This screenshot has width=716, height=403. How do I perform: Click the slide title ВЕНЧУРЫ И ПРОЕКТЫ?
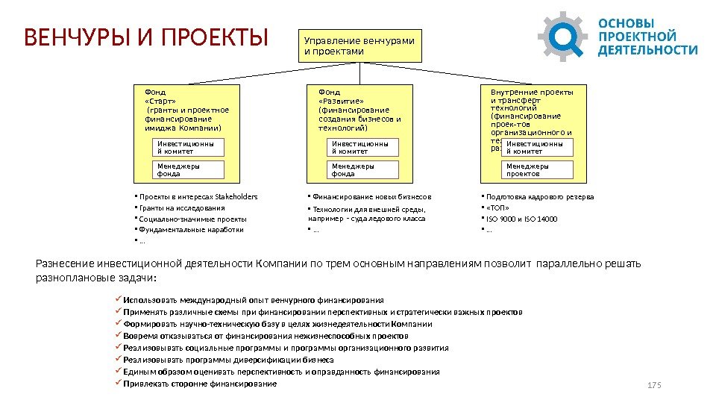[x=145, y=36]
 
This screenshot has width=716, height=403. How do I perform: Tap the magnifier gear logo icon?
[x=564, y=36]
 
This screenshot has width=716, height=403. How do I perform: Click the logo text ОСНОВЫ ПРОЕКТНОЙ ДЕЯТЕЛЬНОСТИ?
[x=647, y=36]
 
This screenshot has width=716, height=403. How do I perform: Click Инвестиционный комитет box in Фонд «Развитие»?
[x=363, y=147]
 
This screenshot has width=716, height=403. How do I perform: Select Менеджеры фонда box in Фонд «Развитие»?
[x=363, y=170]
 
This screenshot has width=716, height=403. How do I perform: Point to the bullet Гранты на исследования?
[x=179, y=208]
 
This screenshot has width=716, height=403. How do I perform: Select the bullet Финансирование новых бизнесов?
[x=371, y=197]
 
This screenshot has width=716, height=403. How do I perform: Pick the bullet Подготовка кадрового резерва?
[x=539, y=197]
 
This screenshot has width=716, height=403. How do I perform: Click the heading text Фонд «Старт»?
[x=156, y=98]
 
